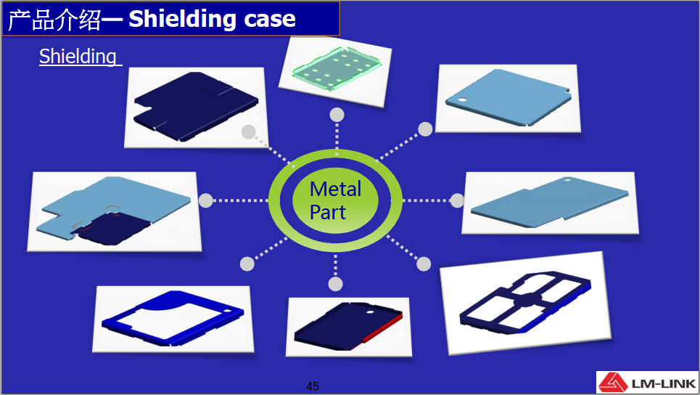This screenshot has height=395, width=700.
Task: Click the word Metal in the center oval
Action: [x=335, y=190]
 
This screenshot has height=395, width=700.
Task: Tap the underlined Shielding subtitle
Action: [x=78, y=57]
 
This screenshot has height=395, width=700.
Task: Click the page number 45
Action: [x=313, y=386]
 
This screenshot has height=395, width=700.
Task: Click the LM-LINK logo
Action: [x=647, y=382]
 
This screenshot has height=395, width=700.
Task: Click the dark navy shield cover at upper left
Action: [x=193, y=102]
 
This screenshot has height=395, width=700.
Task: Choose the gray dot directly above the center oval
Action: [x=337, y=115]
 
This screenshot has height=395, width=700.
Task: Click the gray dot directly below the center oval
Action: [x=335, y=284]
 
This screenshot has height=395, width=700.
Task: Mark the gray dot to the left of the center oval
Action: [x=206, y=200]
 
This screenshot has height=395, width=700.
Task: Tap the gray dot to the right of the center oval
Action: [x=457, y=200]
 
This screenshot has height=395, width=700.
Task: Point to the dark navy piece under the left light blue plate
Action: [x=116, y=228]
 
